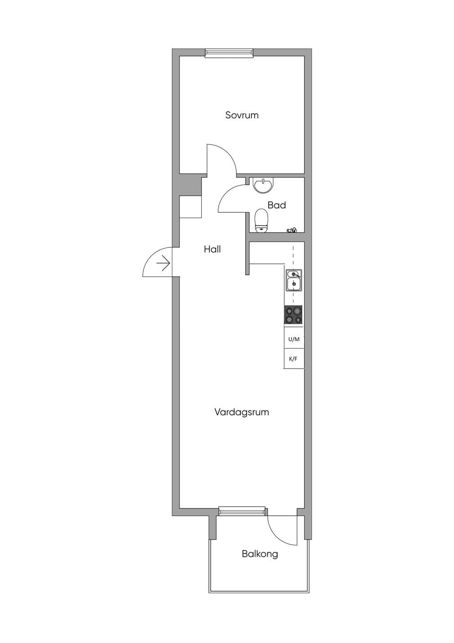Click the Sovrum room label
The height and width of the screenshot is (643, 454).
[x=242, y=115]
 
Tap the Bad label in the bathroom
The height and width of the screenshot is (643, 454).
[x=277, y=205]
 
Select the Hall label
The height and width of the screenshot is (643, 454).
[x=212, y=249]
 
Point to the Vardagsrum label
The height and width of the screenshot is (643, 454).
[x=242, y=413]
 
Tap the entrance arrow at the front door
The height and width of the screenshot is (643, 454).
[x=164, y=263]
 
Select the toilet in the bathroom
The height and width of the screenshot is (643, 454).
[x=261, y=220]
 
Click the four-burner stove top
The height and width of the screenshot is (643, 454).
[x=293, y=315]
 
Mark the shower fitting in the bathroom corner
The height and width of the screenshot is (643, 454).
[x=292, y=230]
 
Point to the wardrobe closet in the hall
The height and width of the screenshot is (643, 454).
[x=191, y=206]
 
